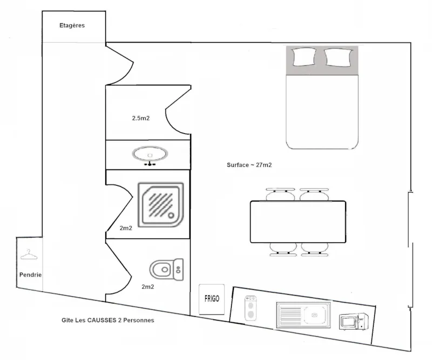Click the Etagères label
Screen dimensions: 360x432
[72, 25]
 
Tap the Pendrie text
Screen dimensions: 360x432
[30, 275]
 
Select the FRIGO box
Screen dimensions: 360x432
[212, 298]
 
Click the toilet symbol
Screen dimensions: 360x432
[166, 268]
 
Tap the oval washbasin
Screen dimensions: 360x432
[151, 154]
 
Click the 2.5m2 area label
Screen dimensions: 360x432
[140, 118]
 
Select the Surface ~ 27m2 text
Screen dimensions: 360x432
[249, 165]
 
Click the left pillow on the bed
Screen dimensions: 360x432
[303, 56]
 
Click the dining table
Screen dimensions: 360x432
[298, 221]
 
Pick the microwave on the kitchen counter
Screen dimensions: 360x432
[354, 322]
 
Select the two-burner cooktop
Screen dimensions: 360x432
[251, 308]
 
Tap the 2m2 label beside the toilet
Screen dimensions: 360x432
[148, 287]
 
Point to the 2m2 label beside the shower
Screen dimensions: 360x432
[126, 228]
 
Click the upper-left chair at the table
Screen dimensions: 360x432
[280, 194]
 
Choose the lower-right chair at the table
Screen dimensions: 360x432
[314, 248]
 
